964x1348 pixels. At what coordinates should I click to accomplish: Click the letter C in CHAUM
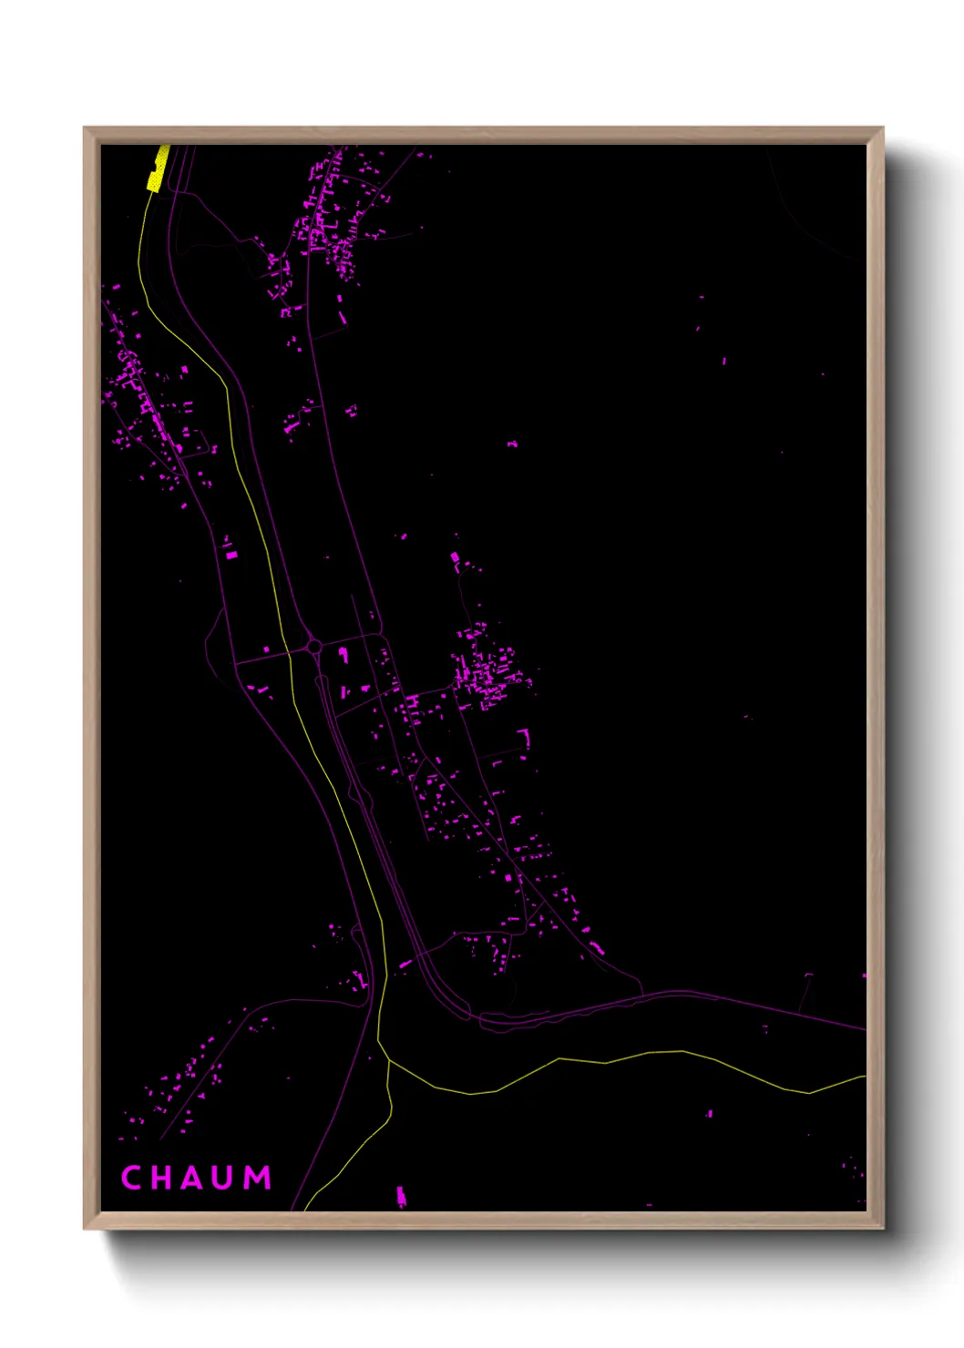click(x=132, y=1178)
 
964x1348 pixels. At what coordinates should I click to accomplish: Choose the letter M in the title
click(x=259, y=1178)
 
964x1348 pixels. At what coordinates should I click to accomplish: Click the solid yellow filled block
click(x=158, y=169)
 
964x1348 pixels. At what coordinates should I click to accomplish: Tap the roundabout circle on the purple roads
click(x=314, y=647)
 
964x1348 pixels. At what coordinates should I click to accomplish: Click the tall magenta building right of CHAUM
click(x=400, y=1196)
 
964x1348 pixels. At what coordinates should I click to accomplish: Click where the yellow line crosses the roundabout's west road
click(x=288, y=652)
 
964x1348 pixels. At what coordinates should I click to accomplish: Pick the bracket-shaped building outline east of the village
click(x=524, y=738)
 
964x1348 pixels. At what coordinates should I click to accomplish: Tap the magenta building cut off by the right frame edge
click(x=864, y=975)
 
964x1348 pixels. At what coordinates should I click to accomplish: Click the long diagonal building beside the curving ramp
click(x=406, y=964)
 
